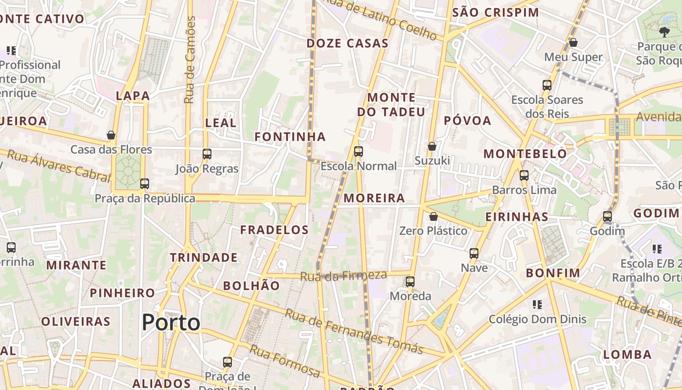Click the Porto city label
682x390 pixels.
(x=171, y=323)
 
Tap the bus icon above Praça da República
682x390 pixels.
(x=145, y=184)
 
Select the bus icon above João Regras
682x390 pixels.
(x=207, y=154)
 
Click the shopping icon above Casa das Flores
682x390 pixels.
(x=111, y=135)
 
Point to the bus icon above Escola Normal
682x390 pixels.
(x=359, y=151)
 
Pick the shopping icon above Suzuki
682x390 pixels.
(x=432, y=146)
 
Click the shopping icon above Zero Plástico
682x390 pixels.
(x=433, y=216)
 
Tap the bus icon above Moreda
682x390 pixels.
(x=410, y=281)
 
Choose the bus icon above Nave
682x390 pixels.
(x=474, y=253)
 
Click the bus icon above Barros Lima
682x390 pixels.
(x=524, y=175)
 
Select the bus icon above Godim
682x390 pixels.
(x=607, y=216)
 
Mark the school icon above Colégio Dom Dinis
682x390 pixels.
(x=537, y=305)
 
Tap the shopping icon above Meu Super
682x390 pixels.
(x=573, y=42)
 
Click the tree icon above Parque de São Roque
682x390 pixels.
(x=663, y=32)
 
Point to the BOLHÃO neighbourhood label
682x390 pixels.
(x=251, y=286)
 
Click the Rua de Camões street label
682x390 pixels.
(x=190, y=60)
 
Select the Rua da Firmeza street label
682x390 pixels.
(x=343, y=276)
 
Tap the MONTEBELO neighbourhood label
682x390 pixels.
(x=525, y=154)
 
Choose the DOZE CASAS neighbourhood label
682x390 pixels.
(x=347, y=43)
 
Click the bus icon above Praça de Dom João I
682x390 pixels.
(x=227, y=362)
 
